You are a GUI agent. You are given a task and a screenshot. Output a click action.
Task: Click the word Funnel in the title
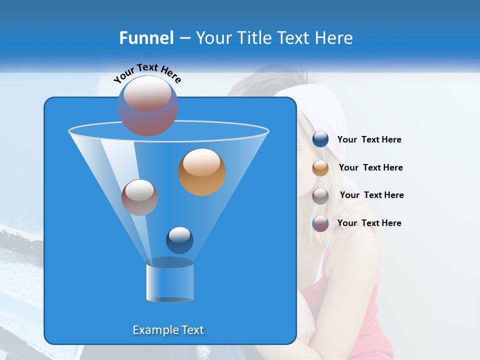[146, 38]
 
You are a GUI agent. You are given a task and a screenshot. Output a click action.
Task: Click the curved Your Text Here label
[147, 72]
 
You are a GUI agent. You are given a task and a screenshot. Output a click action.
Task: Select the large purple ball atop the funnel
[148, 105]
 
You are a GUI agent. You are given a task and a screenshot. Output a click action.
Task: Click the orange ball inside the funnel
[202, 172]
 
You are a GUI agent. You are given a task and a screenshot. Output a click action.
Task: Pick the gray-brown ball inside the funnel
[139, 197]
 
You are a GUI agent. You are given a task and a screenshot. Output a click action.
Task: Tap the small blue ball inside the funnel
[179, 240]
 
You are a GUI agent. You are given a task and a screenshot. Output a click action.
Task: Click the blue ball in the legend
[320, 139]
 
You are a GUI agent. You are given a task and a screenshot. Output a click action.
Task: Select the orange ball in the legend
[320, 168]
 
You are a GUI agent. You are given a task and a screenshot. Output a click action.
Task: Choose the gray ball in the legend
[320, 195]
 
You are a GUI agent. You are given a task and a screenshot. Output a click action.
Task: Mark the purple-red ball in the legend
[320, 223]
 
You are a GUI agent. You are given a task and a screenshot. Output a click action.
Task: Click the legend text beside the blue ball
[369, 140]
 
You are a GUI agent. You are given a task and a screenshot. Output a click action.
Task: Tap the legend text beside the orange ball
[370, 168]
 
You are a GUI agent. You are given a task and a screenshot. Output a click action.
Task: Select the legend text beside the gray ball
[371, 195]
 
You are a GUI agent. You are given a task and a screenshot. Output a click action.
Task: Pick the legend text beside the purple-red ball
[369, 223]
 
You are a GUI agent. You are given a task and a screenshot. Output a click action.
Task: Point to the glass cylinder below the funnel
[169, 282]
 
